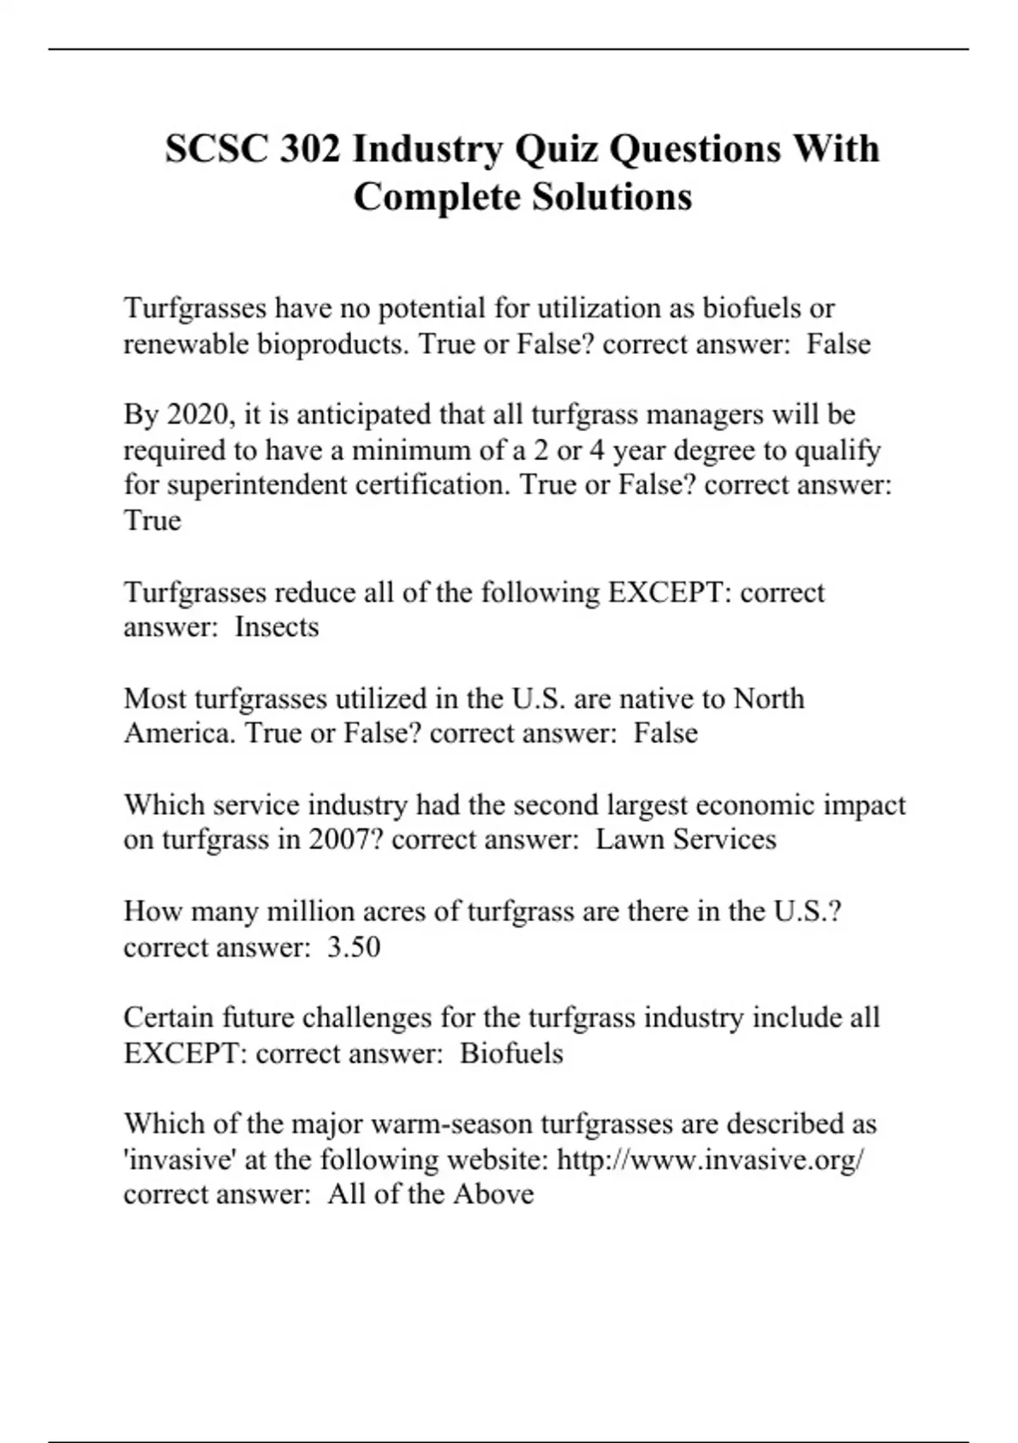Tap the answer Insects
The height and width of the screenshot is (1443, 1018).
(x=277, y=626)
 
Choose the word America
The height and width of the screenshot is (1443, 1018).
(x=179, y=733)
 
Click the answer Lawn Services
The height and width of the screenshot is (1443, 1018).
(x=685, y=839)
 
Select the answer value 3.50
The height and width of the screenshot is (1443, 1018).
(x=354, y=946)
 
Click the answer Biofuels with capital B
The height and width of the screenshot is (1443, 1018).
(x=512, y=1053)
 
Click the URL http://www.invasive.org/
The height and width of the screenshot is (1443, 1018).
(x=711, y=1159)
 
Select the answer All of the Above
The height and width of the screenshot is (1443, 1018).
(x=431, y=1194)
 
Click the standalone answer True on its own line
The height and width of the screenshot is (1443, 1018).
(x=153, y=520)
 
